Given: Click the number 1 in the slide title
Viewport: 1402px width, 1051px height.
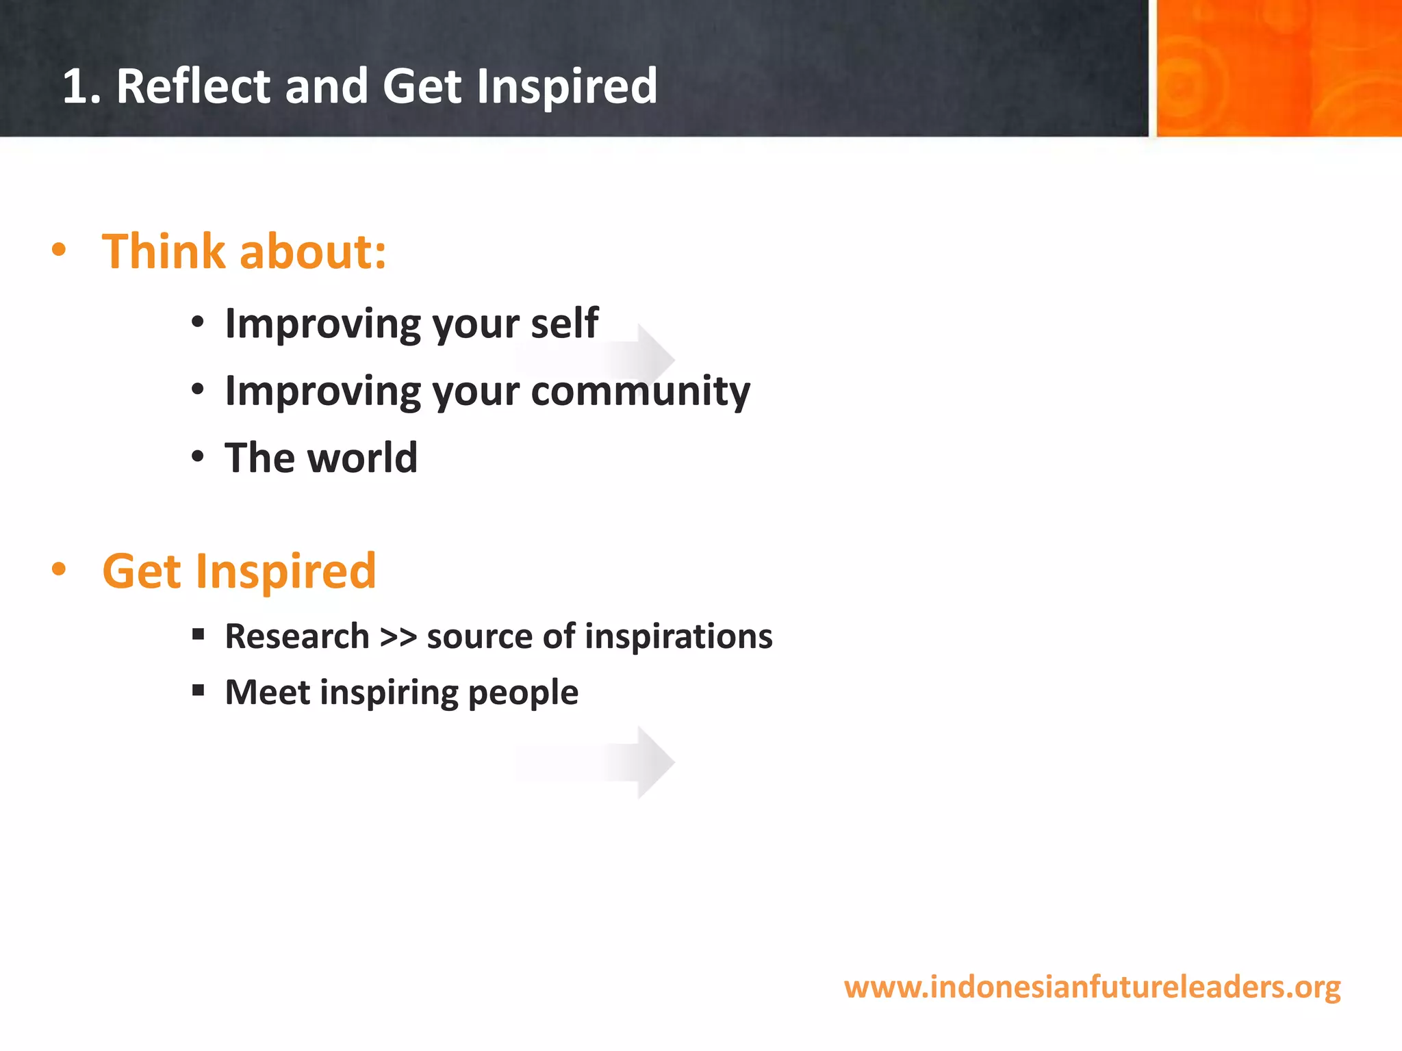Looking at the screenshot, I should pos(76,87).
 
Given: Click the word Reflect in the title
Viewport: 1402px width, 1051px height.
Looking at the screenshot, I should pos(194,87).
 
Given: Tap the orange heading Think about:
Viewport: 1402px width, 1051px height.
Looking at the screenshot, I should pos(244,252).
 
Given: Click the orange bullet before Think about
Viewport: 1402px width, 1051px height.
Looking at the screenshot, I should pos(59,250).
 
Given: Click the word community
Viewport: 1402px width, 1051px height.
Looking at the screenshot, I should pos(640,391).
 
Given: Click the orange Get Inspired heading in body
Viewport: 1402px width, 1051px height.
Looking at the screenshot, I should pos(239,571).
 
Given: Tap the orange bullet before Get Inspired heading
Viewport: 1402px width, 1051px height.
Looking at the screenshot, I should pos(59,569).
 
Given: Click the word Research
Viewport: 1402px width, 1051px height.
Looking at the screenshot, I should pos(297,636).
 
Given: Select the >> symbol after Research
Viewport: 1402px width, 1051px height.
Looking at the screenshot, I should pos(398,637).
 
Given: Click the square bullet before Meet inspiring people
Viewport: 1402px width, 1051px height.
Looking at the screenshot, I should pos(199,690).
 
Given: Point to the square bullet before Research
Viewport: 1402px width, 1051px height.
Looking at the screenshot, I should pos(199,634).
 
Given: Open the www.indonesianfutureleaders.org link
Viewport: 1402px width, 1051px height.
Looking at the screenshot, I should pos(1092,987).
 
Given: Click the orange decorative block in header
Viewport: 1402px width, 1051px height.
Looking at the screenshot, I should pos(1278,68).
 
